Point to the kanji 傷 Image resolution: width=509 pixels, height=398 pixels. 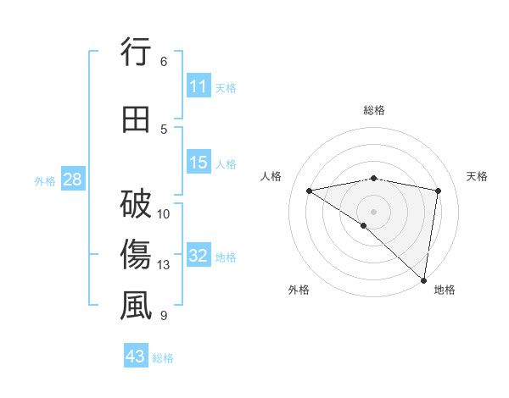pyautogui.click(x=136, y=255)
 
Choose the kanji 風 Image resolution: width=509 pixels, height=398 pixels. pyautogui.click(x=136, y=306)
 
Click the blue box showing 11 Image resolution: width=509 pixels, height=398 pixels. pyautogui.click(x=199, y=86)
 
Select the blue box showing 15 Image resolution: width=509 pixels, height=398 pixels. pyautogui.click(x=199, y=163)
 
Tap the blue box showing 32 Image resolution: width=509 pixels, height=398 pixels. pyautogui.click(x=199, y=257)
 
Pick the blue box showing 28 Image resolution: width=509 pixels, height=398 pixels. pyautogui.click(x=72, y=180)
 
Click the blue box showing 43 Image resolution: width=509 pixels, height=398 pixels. pyautogui.click(x=136, y=357)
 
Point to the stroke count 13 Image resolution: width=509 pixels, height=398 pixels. pyautogui.click(x=165, y=265)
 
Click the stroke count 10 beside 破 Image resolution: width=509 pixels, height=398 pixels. pyautogui.click(x=165, y=213)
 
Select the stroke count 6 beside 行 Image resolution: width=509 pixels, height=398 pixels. pyautogui.click(x=164, y=62)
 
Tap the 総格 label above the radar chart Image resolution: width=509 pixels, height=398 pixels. pyautogui.click(x=374, y=110)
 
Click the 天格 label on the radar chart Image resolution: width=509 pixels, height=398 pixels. pyautogui.click(x=477, y=176)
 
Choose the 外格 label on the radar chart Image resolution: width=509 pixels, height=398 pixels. pyautogui.click(x=299, y=290)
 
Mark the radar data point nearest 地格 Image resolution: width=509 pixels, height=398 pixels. pyautogui.click(x=424, y=279)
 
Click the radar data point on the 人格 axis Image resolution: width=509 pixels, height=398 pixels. pyautogui.click(x=310, y=191)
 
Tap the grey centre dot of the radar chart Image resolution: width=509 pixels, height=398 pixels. pyautogui.click(x=373, y=211)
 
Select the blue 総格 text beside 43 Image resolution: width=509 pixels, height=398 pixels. pyautogui.click(x=163, y=358)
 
